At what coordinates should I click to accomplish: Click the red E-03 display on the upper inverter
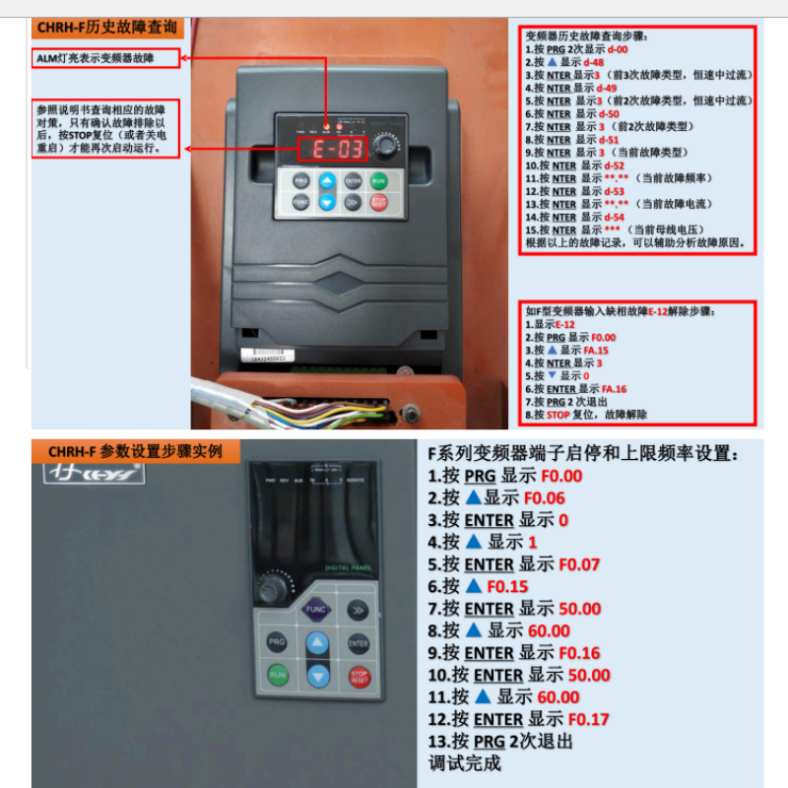point(332,150)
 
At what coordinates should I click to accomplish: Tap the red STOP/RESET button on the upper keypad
point(379,203)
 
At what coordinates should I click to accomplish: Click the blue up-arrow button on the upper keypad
point(327,181)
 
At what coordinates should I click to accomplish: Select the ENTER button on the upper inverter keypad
point(353,181)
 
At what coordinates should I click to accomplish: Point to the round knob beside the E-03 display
point(386,148)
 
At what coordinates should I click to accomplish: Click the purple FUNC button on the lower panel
point(316,610)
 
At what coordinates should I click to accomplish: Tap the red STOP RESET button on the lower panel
point(359,677)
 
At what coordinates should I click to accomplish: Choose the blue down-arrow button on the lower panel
point(317,677)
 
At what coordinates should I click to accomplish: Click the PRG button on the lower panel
point(277,643)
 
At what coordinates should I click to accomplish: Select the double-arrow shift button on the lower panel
point(358,610)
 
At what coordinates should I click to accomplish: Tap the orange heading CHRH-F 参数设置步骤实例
point(135,452)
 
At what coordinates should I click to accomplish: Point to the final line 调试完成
point(464,763)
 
